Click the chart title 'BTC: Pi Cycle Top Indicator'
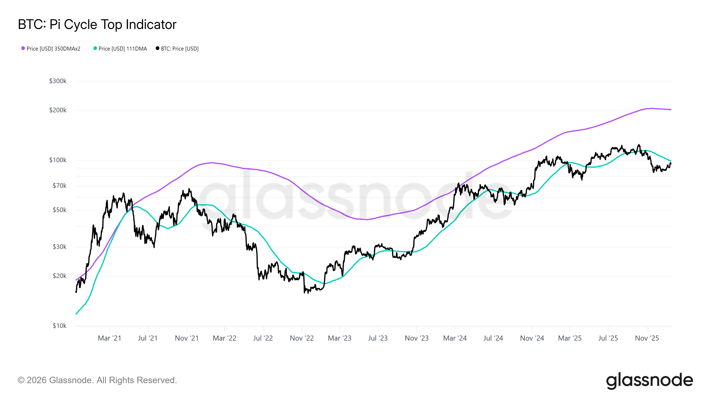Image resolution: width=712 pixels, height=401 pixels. [x=97, y=25]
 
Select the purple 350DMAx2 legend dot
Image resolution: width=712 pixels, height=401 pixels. [x=23, y=48]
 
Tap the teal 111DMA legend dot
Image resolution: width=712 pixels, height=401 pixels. [x=95, y=48]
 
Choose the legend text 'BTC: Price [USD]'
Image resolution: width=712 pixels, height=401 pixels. [x=180, y=49]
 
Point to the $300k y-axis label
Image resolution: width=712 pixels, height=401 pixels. [x=58, y=81]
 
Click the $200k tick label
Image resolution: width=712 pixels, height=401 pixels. [x=58, y=110]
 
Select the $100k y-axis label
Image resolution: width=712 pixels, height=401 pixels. [x=58, y=160]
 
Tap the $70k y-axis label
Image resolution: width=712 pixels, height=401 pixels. [x=59, y=186]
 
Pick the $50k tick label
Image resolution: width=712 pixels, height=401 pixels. [x=59, y=210]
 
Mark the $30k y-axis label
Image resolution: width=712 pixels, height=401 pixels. [x=59, y=247]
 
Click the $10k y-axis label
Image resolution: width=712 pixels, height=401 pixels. [x=59, y=326]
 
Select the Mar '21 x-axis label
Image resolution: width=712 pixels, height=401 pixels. [x=109, y=338]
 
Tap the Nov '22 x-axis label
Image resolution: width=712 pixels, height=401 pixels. [x=301, y=338]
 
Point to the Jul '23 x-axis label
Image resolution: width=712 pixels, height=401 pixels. [x=378, y=338]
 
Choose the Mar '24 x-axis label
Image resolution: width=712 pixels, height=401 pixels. [x=455, y=338]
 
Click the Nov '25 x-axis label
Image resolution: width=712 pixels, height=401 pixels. [x=647, y=338]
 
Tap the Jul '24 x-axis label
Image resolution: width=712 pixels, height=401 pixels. [x=493, y=338]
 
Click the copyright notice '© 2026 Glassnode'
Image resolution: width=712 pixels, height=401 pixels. [x=97, y=380]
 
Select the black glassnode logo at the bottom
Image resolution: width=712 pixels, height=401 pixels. [x=649, y=381]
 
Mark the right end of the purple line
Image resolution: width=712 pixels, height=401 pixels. [x=671, y=110]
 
